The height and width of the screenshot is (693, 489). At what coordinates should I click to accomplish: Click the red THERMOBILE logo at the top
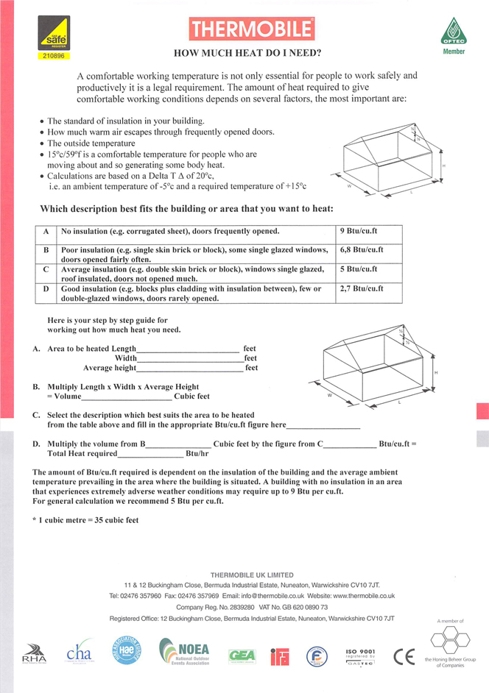(252, 29)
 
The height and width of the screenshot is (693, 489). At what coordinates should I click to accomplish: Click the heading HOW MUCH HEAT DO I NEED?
(247, 53)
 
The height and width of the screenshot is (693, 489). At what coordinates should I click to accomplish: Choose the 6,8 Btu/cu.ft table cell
(362, 249)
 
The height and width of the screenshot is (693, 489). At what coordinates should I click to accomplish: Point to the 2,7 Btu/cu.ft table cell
(362, 288)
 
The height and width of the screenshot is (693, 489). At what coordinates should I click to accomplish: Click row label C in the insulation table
(46, 269)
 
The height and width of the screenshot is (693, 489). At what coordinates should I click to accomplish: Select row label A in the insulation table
(46, 231)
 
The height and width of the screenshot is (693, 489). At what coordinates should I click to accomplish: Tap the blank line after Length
(189, 349)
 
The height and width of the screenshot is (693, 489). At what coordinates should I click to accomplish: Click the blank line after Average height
(190, 369)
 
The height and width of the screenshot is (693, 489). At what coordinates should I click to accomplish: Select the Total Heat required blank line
(152, 454)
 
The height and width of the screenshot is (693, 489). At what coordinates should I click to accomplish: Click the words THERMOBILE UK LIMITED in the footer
(252, 575)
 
